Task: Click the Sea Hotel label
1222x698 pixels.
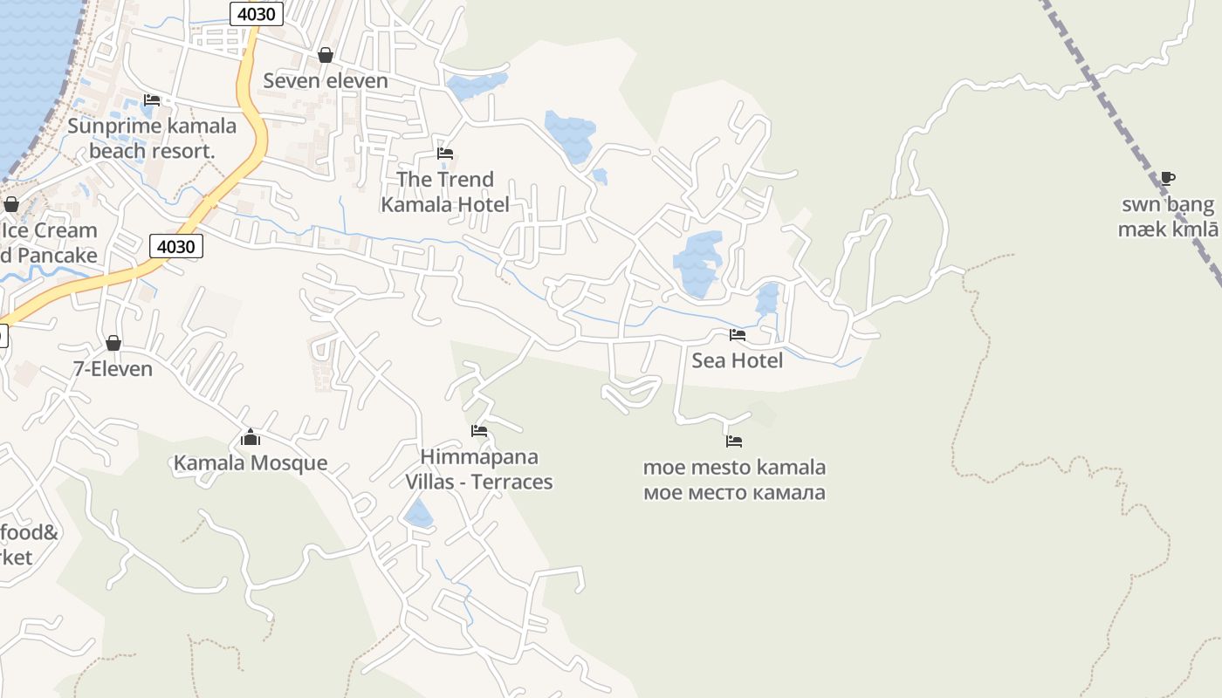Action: pos(737,360)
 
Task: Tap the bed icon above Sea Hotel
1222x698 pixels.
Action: pos(738,335)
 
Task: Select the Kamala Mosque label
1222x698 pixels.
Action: pos(251,462)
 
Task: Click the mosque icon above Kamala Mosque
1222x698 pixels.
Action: pos(251,437)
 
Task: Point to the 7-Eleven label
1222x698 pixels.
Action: pos(113,369)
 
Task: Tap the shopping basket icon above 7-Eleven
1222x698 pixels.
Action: pos(113,343)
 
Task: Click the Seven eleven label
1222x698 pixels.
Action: pos(325,81)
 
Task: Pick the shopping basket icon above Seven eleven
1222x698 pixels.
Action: pos(326,56)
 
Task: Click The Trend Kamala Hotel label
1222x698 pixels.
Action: pos(445,192)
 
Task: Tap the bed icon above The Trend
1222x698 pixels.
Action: pos(445,154)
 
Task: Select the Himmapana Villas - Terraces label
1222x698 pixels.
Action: pos(478,469)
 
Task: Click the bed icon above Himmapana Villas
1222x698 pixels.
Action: pos(479,431)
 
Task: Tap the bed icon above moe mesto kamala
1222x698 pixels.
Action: pos(734,441)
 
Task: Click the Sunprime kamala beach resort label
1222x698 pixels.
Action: pos(152,138)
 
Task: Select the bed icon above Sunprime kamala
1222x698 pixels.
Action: pos(152,100)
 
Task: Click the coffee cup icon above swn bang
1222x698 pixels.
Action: pos(1168,179)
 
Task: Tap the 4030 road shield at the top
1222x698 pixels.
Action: pos(257,13)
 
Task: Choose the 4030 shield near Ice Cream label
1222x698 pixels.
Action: pos(176,247)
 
